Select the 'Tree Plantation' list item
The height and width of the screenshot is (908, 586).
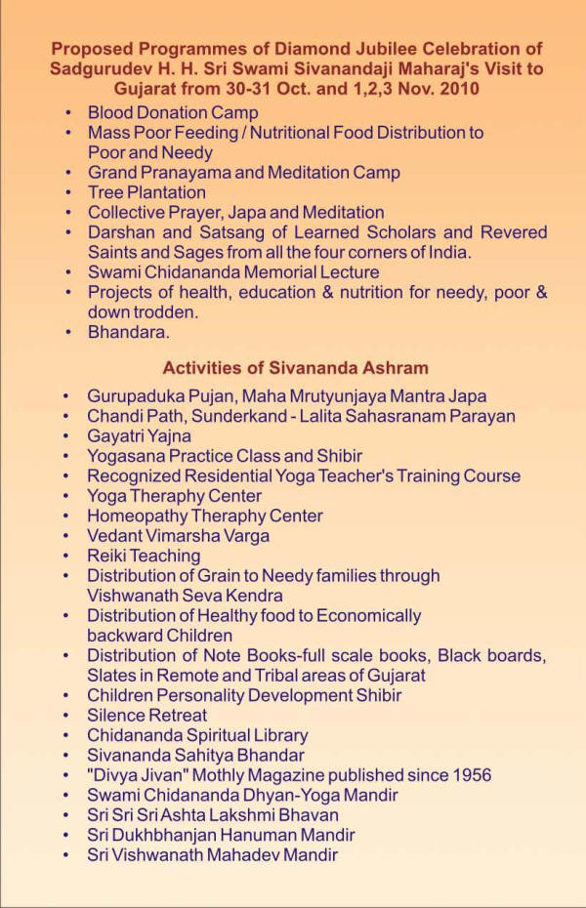[146, 192]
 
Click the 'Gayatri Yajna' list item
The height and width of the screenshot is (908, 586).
[140, 436]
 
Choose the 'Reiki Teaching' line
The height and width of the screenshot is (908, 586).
[144, 556]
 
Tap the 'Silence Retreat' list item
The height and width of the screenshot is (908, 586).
[146, 715]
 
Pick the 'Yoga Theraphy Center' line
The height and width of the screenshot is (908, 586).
[175, 496]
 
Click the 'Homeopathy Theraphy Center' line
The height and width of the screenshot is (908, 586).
[205, 516]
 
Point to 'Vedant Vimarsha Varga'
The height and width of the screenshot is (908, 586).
[179, 536]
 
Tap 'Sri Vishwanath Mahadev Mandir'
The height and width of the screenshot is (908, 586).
[212, 855]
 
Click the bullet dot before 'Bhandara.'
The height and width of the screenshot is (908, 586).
[66, 333]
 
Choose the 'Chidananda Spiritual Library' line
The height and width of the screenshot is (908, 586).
[197, 735]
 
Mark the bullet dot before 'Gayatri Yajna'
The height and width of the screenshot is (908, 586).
[66, 436]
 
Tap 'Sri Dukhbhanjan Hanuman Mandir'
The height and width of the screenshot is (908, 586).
[221, 835]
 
